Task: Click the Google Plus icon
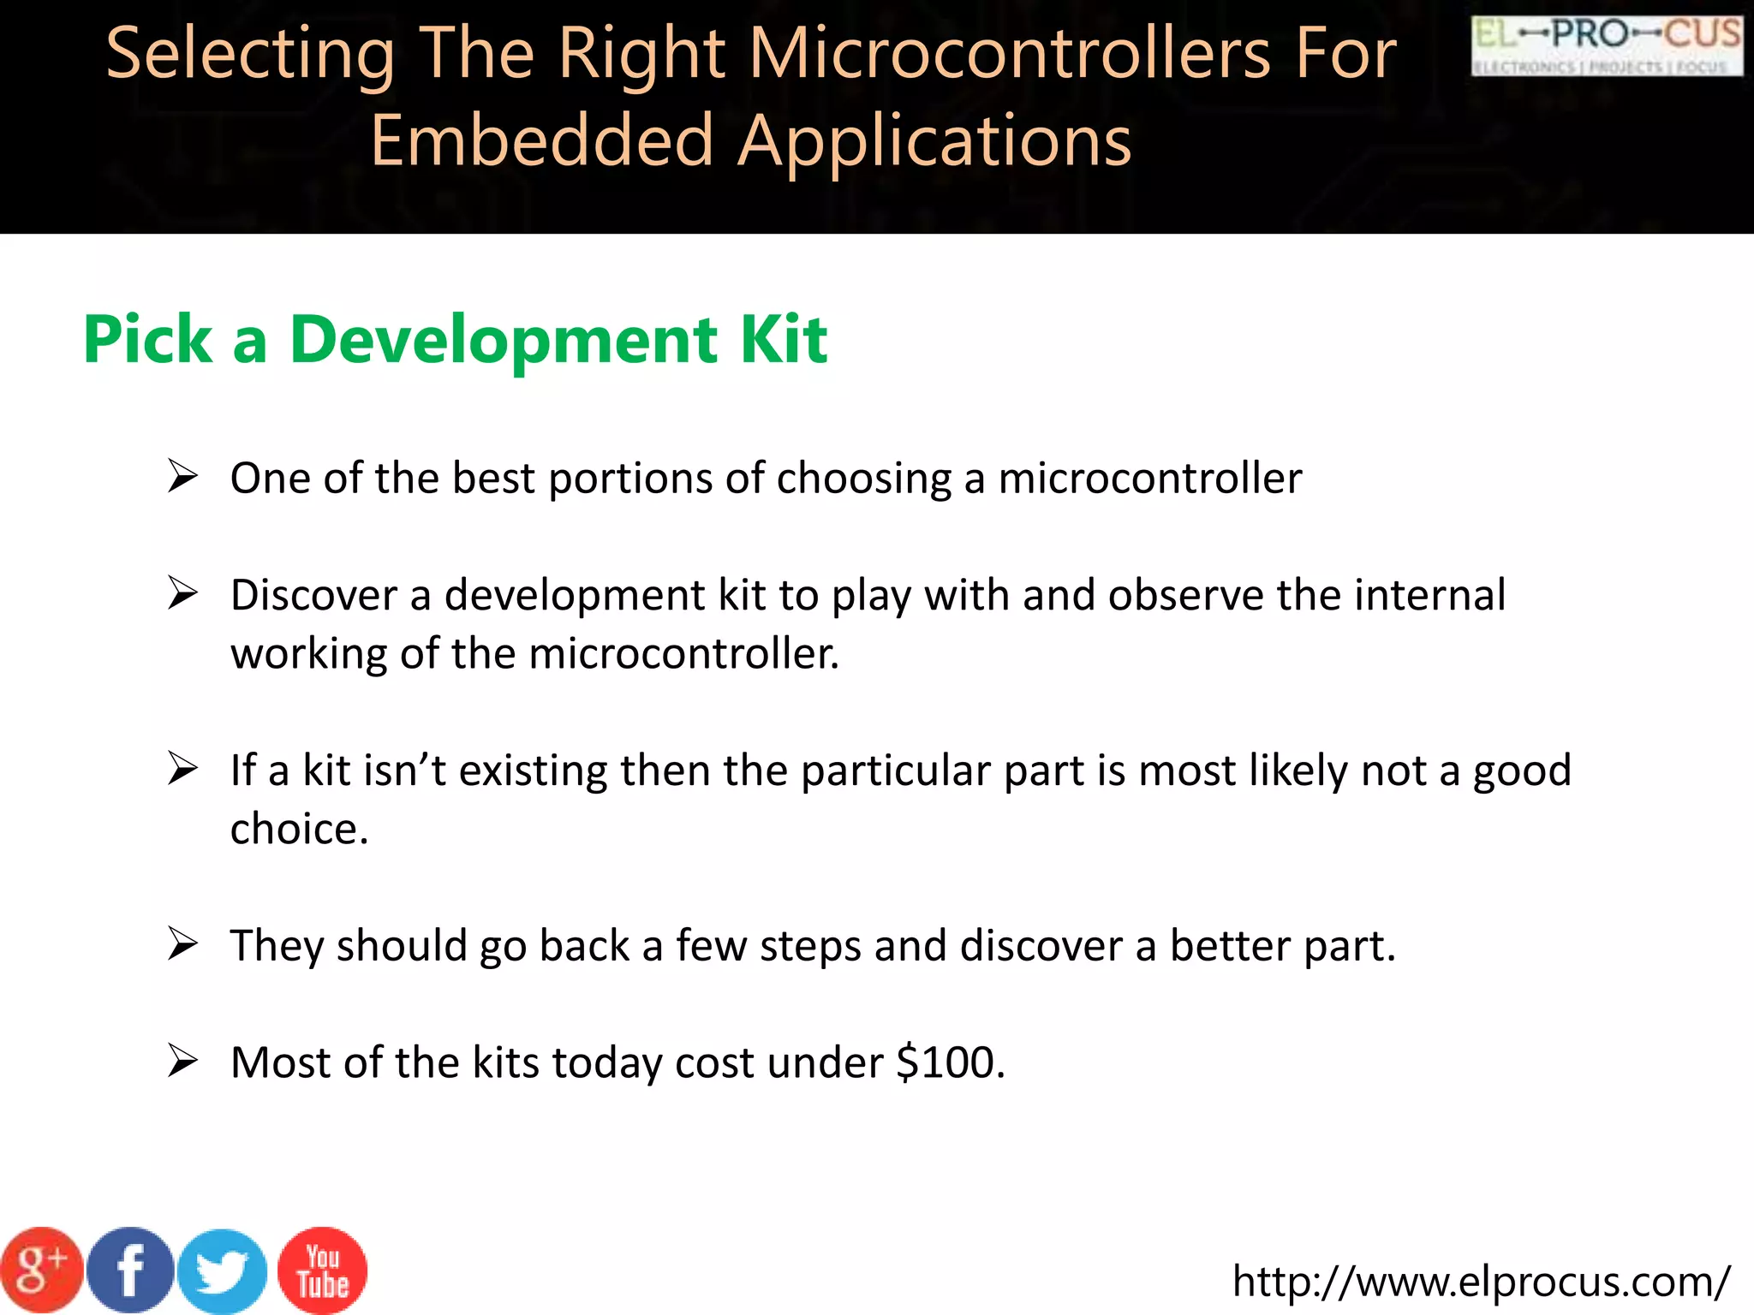41,1270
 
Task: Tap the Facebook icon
131,1270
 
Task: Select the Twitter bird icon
223,1272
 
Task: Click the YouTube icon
323,1270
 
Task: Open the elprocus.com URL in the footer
1481,1281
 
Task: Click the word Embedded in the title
542,140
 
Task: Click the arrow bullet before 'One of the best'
182,476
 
